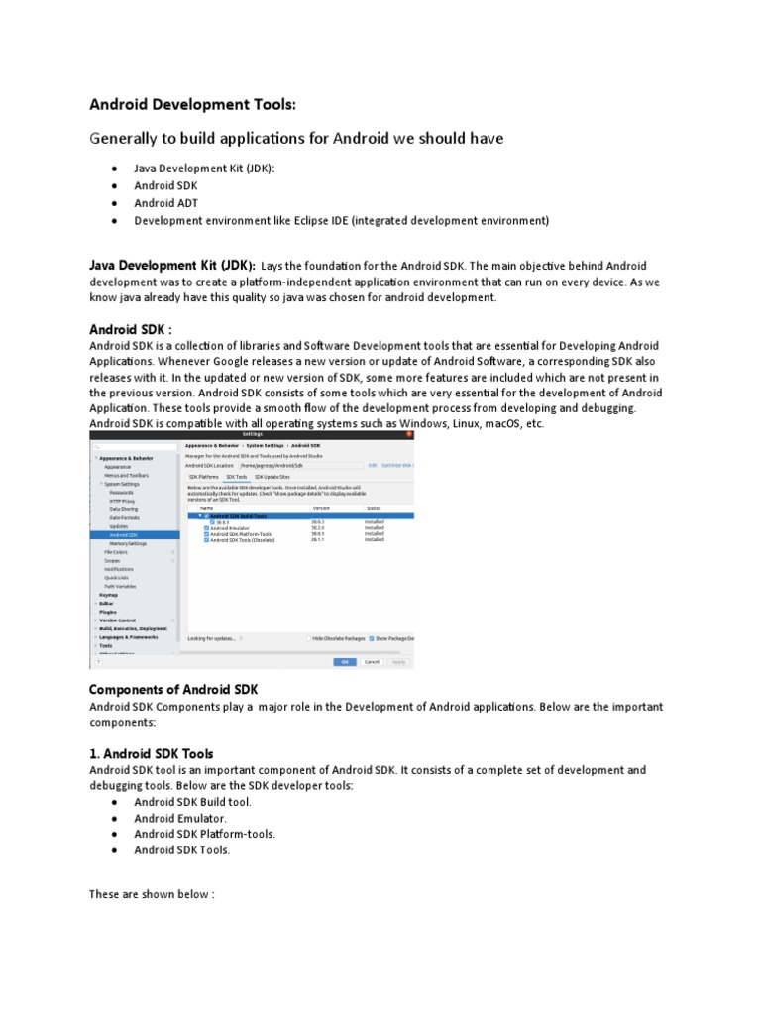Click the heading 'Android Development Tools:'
click(192, 104)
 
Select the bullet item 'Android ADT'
click(165, 203)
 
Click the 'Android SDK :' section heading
click(131, 328)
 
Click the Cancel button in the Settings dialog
click(372, 661)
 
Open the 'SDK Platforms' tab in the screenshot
click(204, 477)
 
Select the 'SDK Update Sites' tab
click(274, 477)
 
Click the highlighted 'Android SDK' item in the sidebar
click(123, 535)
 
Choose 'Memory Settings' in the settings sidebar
click(128, 543)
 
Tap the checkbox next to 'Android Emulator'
click(206, 528)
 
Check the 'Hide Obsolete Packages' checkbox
click(308, 638)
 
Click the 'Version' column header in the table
click(321, 507)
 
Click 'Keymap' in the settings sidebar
click(108, 595)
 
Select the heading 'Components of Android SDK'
click(172, 689)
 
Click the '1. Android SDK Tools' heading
click(151, 753)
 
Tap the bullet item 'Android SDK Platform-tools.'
click(204, 834)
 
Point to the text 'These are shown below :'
click(151, 894)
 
